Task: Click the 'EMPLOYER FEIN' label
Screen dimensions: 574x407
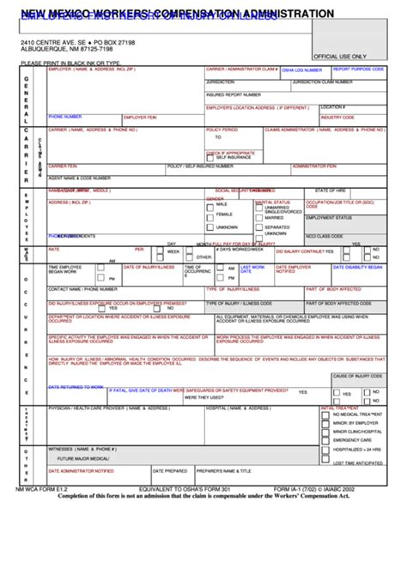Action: tap(140, 117)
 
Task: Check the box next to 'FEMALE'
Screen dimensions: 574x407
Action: tap(210, 214)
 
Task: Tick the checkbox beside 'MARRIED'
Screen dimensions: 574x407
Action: tap(258, 218)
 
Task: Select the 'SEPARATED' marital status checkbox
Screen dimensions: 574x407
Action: tap(258, 227)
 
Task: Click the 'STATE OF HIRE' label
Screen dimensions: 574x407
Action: tap(332, 190)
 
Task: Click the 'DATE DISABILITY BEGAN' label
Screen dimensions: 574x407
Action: tap(355, 267)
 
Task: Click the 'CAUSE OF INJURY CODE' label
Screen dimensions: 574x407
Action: tap(355, 376)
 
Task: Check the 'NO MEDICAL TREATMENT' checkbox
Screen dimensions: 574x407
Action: tap(325, 414)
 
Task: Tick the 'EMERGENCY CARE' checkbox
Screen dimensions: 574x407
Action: tap(325, 440)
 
